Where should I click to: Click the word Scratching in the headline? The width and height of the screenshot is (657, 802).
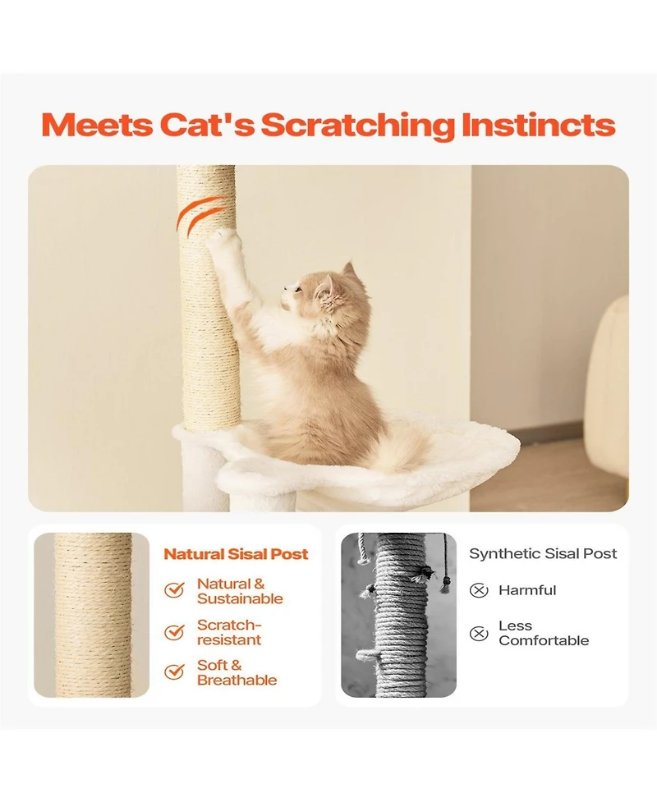pyautogui.click(x=357, y=126)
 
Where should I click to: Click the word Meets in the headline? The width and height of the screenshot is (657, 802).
pyautogui.click(x=97, y=126)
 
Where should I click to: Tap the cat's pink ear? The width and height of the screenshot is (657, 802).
pyautogui.click(x=326, y=287)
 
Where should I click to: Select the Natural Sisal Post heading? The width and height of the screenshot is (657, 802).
pyautogui.click(x=236, y=554)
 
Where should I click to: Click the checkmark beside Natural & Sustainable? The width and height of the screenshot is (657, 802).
pyautogui.click(x=174, y=590)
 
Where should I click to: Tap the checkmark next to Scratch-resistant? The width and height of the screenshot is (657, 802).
pyautogui.click(x=174, y=632)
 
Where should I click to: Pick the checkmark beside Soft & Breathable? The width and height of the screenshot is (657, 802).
pyautogui.click(x=174, y=672)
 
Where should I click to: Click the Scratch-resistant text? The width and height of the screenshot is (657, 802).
pyautogui.click(x=229, y=632)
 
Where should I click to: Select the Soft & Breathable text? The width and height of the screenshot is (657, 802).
pyautogui.click(x=237, y=672)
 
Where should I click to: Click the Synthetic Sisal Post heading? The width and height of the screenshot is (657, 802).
pyautogui.click(x=543, y=554)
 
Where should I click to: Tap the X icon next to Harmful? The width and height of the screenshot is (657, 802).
pyautogui.click(x=479, y=590)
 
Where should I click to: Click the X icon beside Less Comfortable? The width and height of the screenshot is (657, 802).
pyautogui.click(x=479, y=633)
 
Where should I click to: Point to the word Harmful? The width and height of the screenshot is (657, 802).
pyautogui.click(x=527, y=590)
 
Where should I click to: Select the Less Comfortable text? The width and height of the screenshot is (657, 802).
pyautogui.click(x=543, y=633)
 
